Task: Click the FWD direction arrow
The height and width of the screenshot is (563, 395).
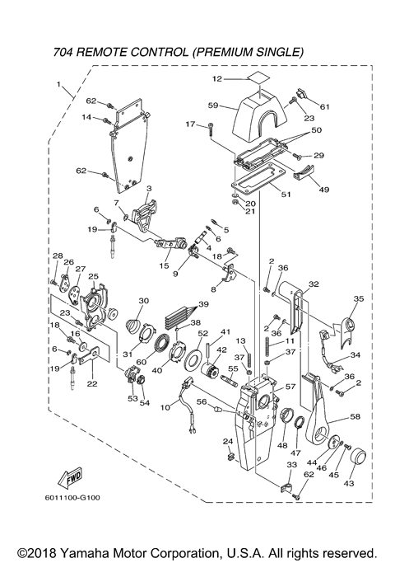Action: [70, 478]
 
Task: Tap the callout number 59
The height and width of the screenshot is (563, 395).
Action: [213, 106]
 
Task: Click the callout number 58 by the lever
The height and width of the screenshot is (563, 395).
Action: [355, 416]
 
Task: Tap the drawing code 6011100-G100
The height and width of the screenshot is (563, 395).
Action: [72, 498]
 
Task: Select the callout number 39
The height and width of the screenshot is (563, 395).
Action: [203, 304]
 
